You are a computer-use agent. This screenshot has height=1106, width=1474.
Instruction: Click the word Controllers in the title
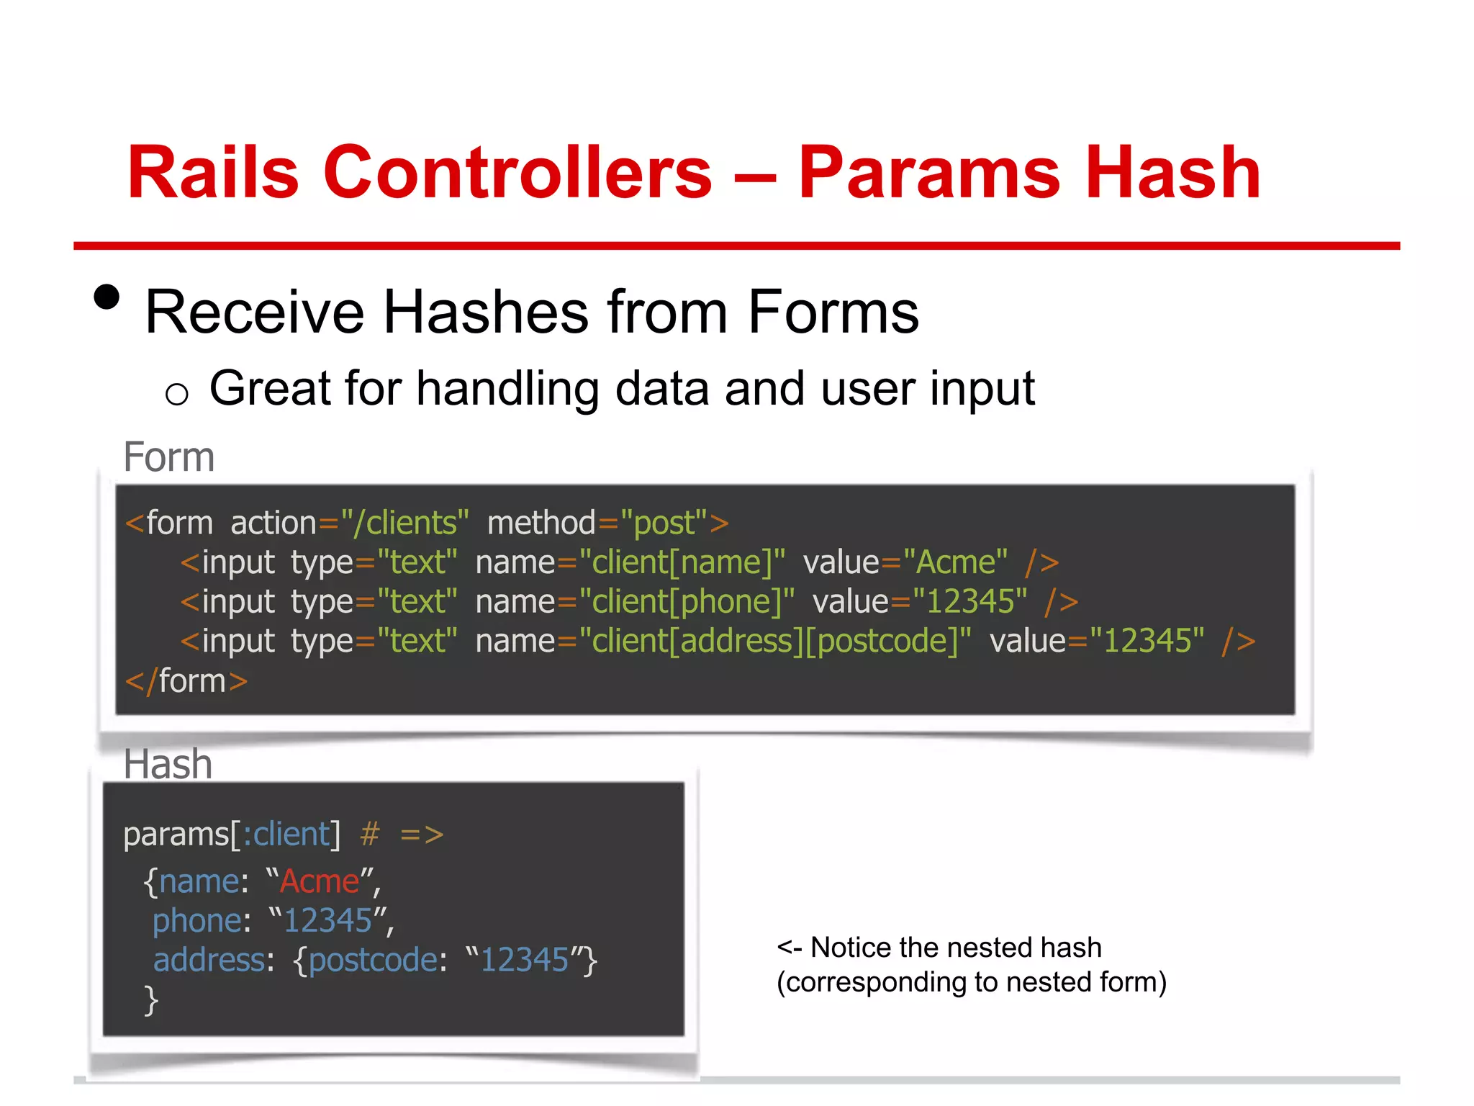click(517, 173)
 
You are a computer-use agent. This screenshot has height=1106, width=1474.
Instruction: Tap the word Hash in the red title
click(1172, 173)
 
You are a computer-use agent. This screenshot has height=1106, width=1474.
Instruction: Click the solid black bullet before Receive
click(107, 297)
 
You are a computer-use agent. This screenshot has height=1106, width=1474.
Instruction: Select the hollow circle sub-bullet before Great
click(176, 394)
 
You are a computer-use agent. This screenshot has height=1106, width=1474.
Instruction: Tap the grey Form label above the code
click(169, 457)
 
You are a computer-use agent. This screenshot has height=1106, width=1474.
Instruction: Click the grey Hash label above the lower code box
click(168, 764)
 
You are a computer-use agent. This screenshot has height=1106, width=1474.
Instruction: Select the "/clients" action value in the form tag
click(405, 523)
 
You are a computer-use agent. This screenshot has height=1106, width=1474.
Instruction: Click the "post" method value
click(663, 523)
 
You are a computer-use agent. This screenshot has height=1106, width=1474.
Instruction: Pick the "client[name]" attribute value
click(682, 562)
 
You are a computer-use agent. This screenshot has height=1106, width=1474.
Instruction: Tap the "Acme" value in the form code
click(955, 562)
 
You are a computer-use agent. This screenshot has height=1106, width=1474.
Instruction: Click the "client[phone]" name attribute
click(687, 602)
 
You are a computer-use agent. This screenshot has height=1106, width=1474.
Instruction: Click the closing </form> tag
click(186, 680)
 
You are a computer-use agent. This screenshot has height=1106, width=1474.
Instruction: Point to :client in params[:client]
click(286, 834)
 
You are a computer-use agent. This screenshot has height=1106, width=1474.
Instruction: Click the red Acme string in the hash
click(320, 881)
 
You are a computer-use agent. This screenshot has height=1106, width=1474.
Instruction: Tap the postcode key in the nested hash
click(374, 960)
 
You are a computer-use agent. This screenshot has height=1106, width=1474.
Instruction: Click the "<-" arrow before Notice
click(790, 948)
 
